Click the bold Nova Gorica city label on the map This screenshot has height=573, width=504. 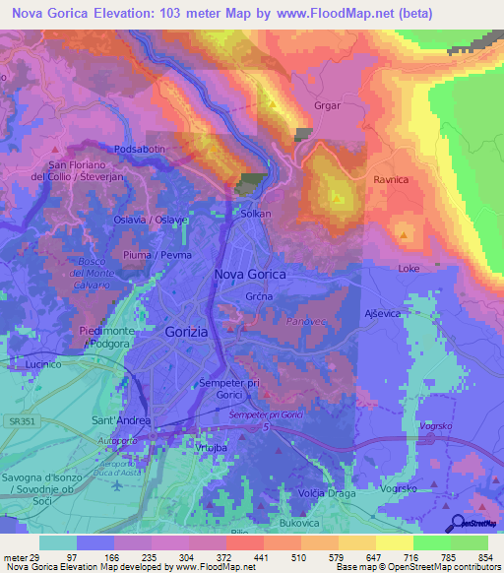250,275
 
